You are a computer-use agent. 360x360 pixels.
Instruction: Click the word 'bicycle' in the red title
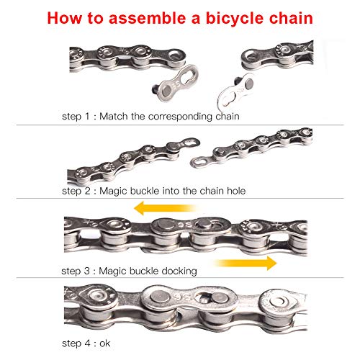tap(243, 16)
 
